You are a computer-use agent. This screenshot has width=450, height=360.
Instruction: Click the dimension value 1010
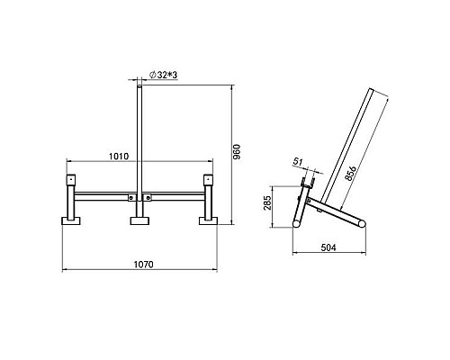(x=119, y=157)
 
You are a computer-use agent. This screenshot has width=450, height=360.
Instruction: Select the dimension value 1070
(x=143, y=265)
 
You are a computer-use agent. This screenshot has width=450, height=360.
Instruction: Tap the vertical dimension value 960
(x=237, y=152)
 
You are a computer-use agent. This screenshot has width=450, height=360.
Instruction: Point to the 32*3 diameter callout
(x=163, y=75)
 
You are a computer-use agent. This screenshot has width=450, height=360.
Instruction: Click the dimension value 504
(x=328, y=247)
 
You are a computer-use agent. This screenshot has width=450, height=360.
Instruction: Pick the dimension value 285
(x=267, y=203)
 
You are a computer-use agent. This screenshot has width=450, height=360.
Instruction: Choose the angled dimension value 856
(x=350, y=173)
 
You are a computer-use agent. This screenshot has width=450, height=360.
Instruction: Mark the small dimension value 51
(x=298, y=162)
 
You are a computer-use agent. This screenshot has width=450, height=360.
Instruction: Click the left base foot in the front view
(x=71, y=220)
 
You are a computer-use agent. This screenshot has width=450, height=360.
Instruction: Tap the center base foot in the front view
(x=139, y=220)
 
